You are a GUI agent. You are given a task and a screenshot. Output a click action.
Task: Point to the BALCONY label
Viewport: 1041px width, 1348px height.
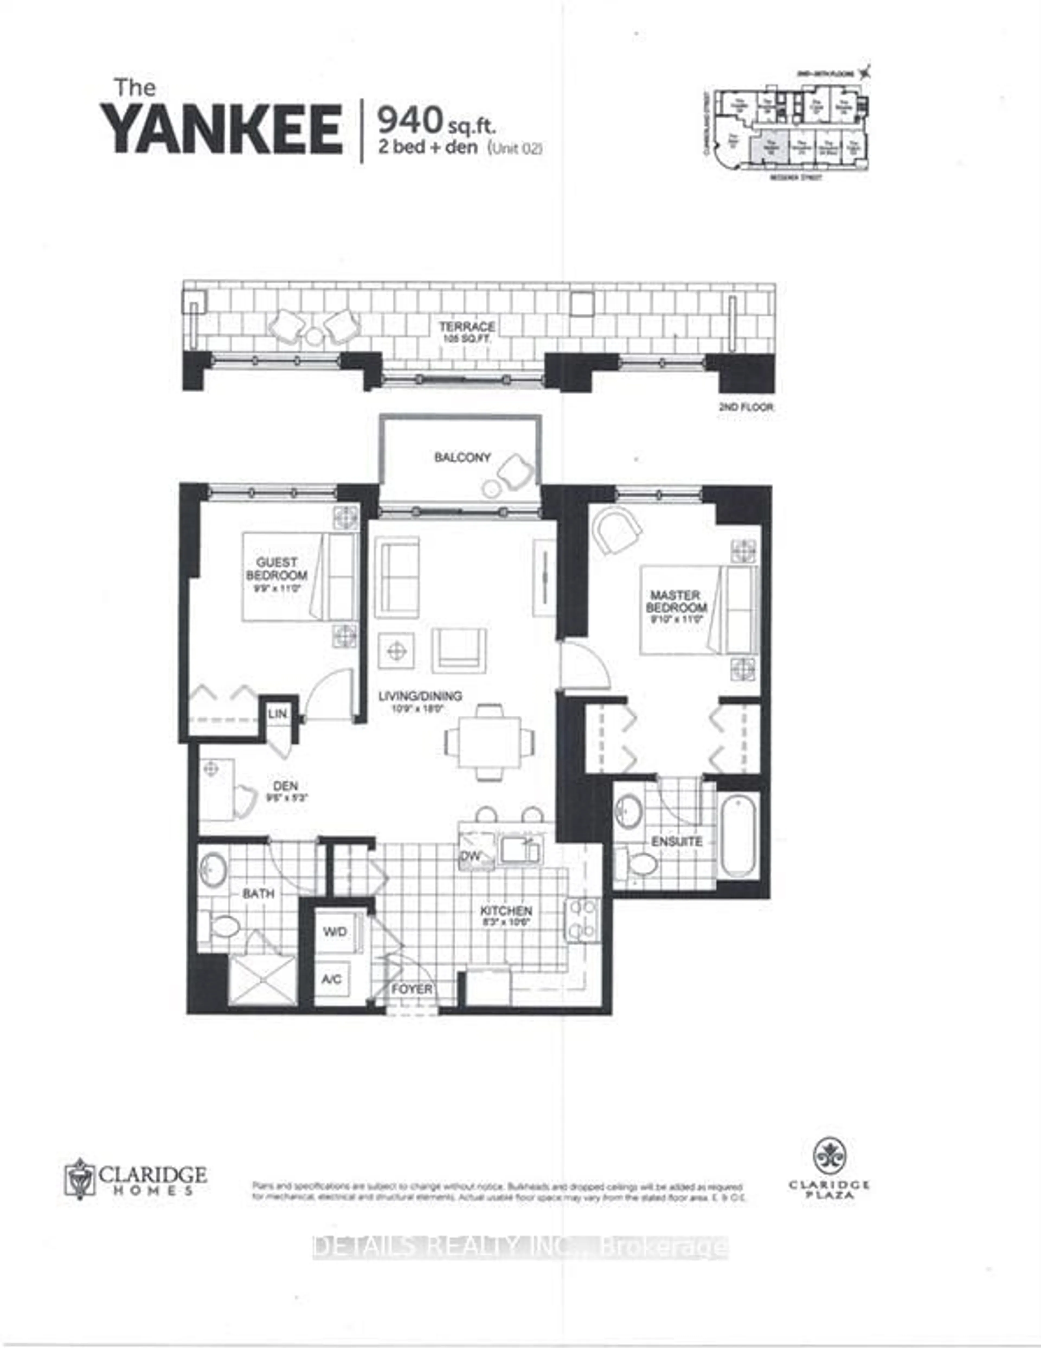(x=462, y=457)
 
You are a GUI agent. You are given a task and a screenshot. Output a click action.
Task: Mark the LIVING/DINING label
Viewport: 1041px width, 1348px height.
(x=420, y=696)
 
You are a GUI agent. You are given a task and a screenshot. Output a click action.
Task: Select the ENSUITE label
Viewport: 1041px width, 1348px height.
(x=677, y=841)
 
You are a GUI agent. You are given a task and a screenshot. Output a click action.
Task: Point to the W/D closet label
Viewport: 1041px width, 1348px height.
(x=335, y=931)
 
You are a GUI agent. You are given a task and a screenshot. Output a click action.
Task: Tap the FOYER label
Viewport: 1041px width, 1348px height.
(x=412, y=989)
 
